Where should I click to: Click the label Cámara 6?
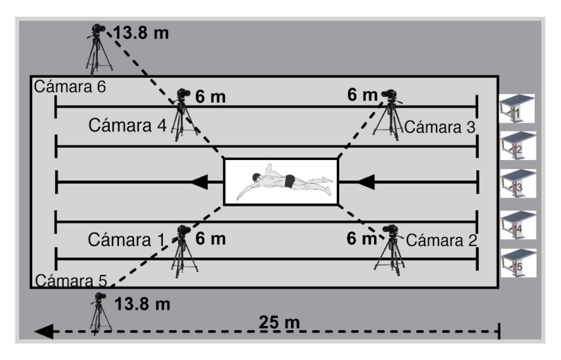pos(70,87)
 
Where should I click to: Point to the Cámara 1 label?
pos(126,239)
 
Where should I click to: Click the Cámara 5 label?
pos(71,281)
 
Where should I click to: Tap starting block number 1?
pos(516,108)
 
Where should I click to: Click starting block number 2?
pos(516,146)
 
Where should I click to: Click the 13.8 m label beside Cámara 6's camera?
pos(141,33)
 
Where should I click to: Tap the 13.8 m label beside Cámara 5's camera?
pos(142,305)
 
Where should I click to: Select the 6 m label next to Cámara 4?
pos(211,98)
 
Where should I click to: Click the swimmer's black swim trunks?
pos(290,181)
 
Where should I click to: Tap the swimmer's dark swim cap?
pos(255,178)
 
